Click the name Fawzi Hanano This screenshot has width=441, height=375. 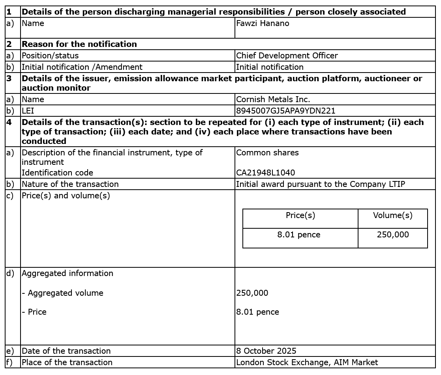263,23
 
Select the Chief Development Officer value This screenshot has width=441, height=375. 287,56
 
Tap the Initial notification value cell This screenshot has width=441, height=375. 270,67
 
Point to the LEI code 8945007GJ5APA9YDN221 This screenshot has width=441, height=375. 285,111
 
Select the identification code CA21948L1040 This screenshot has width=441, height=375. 265,173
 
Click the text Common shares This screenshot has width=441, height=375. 267,153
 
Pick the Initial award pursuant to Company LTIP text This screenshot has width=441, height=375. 320,184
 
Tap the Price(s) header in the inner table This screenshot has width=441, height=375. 300,215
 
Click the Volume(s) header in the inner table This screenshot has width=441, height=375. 392,215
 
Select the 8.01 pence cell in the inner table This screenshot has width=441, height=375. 298,235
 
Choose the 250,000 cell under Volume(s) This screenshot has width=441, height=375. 392,235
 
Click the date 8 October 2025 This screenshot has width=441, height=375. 266,351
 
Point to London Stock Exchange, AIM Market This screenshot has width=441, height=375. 307,362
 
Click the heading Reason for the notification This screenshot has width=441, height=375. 79,44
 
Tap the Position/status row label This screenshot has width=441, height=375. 50,56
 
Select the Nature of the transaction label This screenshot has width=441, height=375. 70,184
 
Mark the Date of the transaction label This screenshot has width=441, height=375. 66,351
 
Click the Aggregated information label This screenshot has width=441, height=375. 67,273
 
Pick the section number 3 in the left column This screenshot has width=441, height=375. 9,78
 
